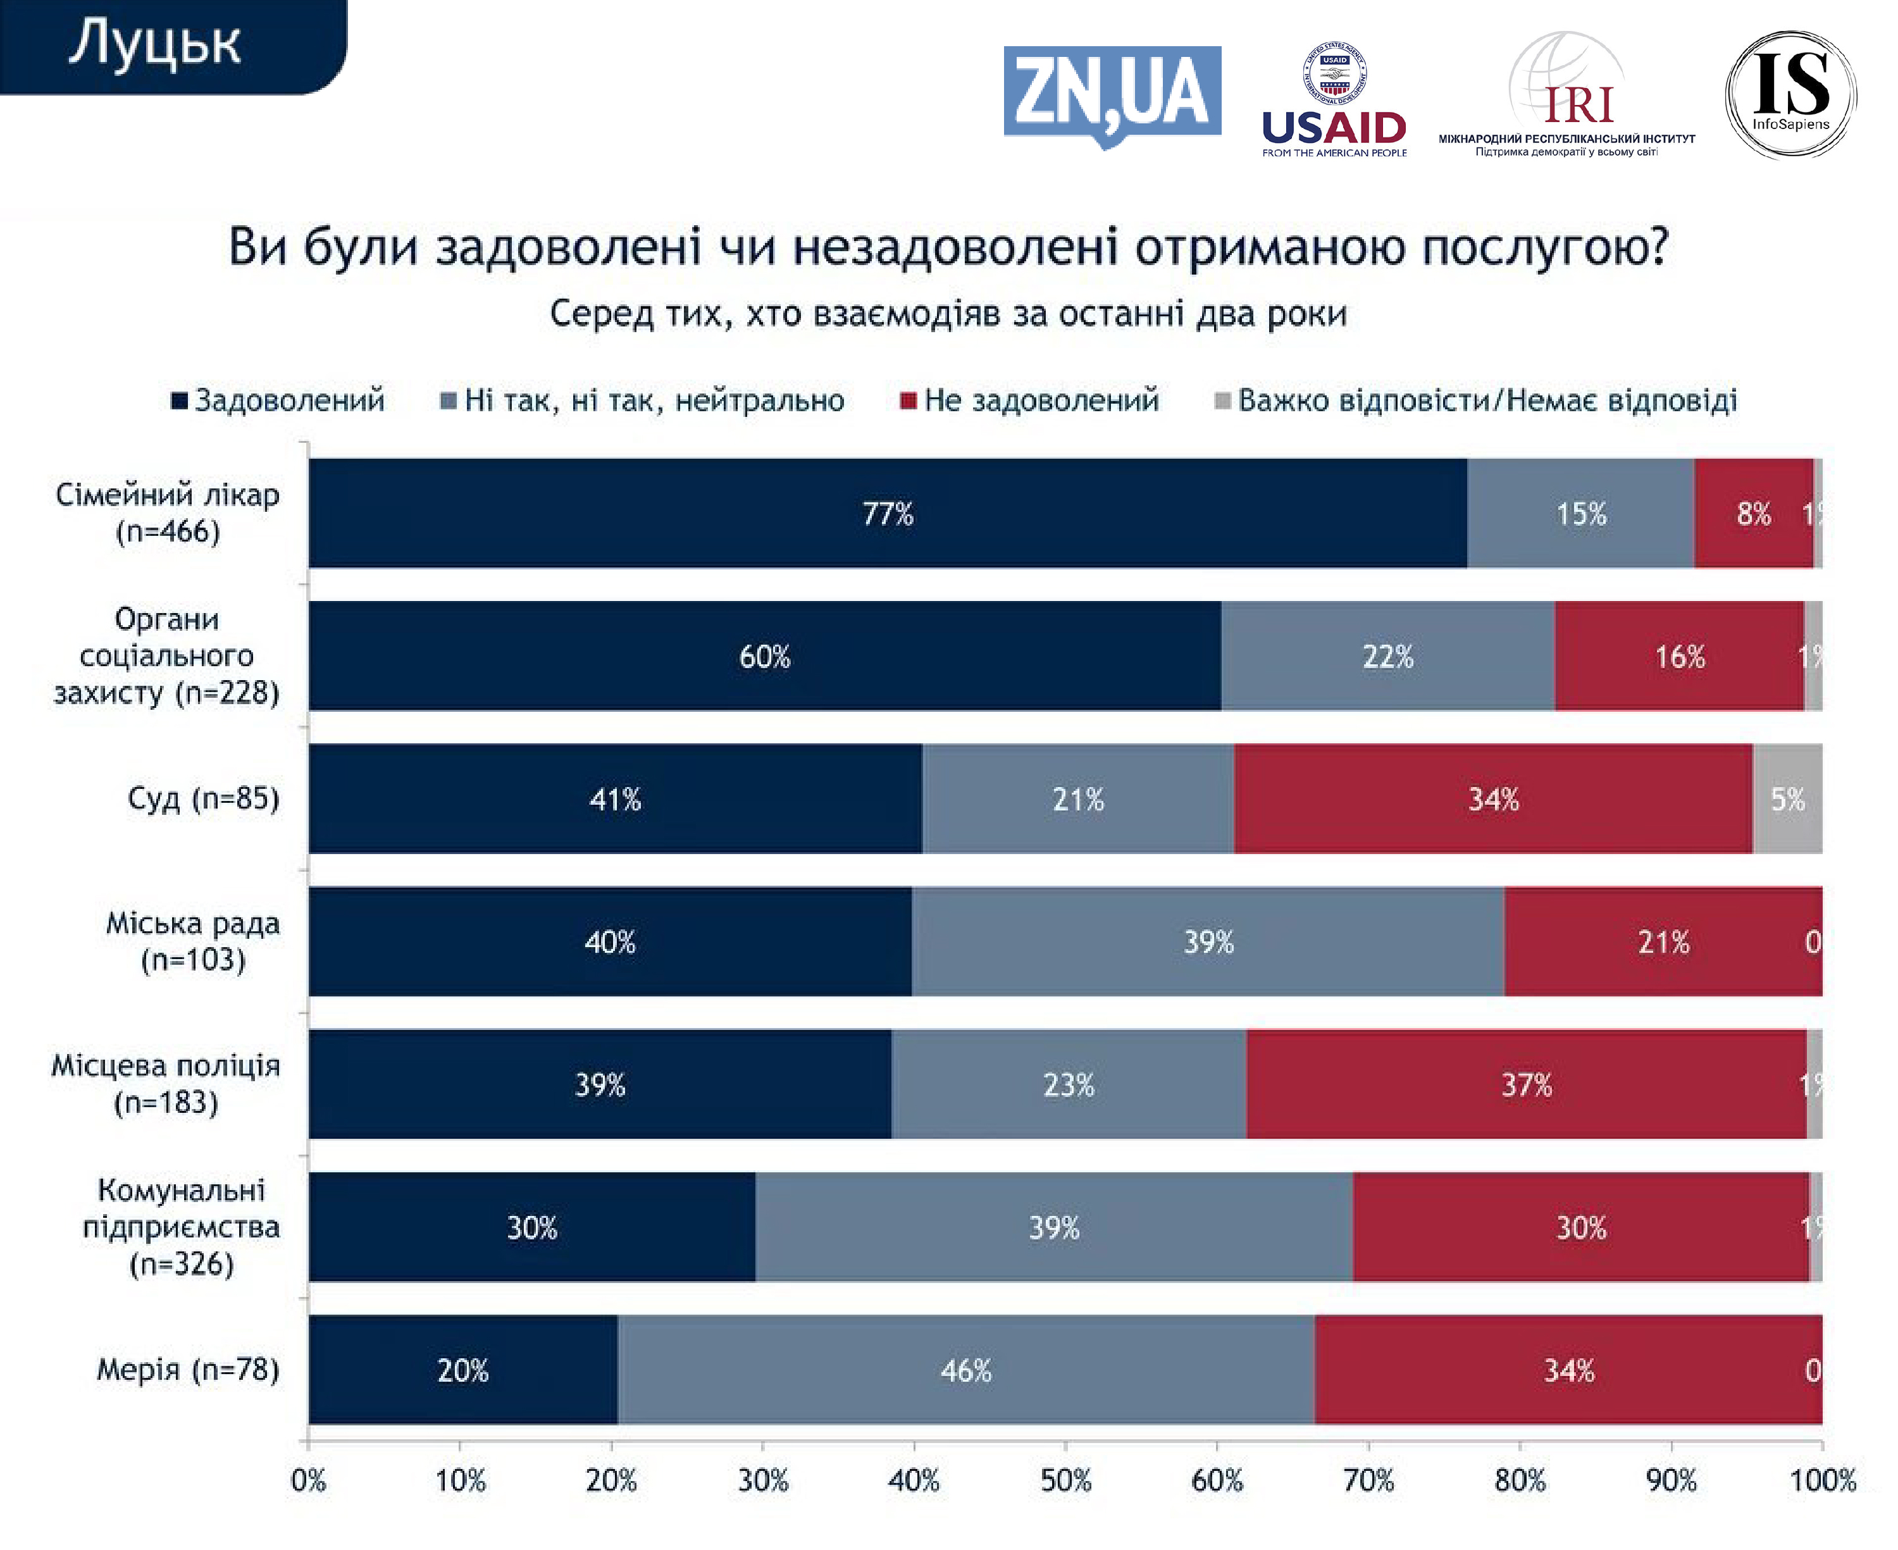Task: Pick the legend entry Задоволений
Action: pos(278,400)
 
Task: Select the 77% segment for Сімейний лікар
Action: pos(888,513)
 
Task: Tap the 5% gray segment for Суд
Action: pos(1787,798)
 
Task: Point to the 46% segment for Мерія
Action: pos(966,1370)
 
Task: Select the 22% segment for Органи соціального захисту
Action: pos(1387,656)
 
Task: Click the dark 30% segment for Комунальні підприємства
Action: pos(532,1227)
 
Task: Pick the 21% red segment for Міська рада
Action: pos(1663,941)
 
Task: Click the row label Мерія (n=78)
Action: pos(187,1369)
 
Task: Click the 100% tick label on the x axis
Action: pos(1822,1480)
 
